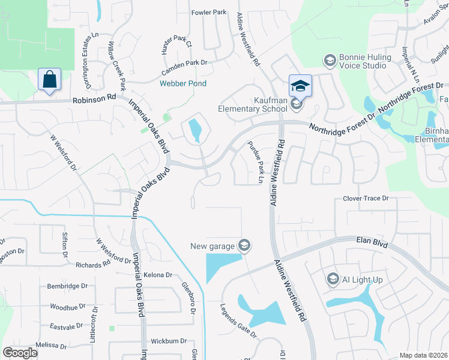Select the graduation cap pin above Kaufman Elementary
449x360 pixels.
[300, 85]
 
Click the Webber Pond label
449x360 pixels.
[183, 83]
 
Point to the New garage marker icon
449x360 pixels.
[244, 245]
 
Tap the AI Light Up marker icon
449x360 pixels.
[333, 279]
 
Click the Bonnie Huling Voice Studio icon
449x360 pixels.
[329, 60]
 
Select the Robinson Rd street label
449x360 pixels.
[94, 100]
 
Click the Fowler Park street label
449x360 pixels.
[208, 12]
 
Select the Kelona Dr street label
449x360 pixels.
[158, 275]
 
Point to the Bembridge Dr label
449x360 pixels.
[67, 286]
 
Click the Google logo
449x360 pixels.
[20, 353]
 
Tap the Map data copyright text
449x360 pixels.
[423, 355]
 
